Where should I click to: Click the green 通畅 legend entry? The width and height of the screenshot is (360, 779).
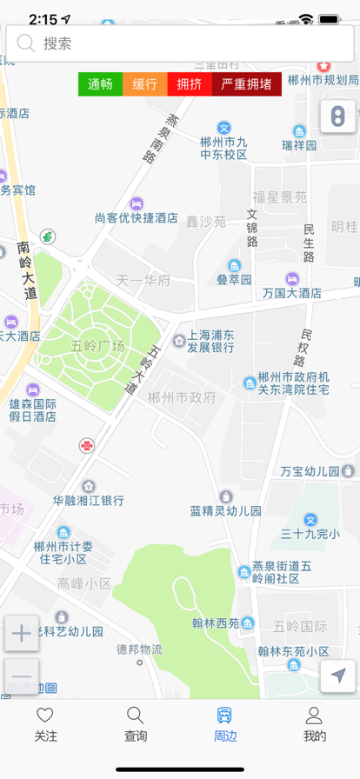(100, 84)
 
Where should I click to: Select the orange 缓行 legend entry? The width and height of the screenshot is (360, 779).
(145, 84)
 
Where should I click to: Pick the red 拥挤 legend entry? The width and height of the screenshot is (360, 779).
(189, 84)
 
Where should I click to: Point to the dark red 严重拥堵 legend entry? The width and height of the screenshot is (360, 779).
(246, 84)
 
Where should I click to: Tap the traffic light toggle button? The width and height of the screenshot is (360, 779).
(337, 117)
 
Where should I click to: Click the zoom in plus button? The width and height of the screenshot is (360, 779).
(22, 634)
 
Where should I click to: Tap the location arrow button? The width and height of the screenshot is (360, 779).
(337, 676)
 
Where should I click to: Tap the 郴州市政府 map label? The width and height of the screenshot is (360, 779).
(182, 398)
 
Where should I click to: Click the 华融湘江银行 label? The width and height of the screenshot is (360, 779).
(88, 500)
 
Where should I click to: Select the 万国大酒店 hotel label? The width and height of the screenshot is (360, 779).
(291, 293)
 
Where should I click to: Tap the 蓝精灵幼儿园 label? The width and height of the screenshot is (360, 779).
(226, 510)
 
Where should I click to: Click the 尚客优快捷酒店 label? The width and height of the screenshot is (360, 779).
(137, 217)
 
